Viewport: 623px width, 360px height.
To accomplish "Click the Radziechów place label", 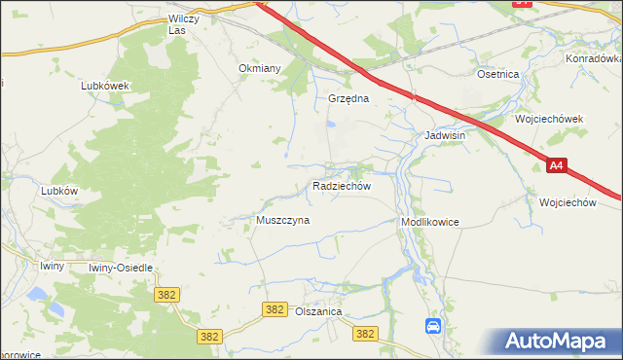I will pos(341,185).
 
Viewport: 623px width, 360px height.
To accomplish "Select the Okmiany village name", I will pos(260,69).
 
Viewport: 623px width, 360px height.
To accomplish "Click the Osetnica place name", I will pos(497,74).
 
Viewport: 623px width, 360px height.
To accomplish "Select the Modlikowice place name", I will pos(429,223).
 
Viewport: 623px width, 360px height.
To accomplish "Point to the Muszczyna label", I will pos(282,220).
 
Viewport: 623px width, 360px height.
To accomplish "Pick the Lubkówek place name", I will pos(105,86).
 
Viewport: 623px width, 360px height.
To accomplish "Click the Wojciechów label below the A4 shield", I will pos(567,202).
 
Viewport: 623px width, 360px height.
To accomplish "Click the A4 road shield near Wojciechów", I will pos(555,166).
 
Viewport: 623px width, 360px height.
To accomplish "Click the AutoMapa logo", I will pos(559,341).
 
